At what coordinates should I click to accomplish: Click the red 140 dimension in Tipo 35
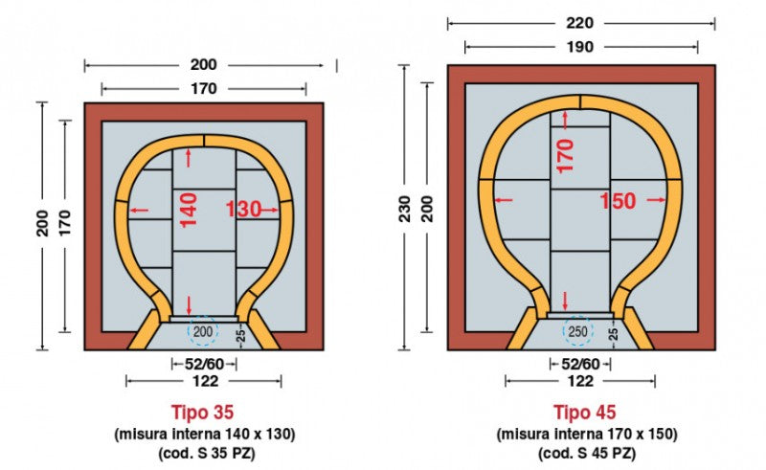pyautogui.click(x=189, y=210)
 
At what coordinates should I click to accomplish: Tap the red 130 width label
pyautogui.click(x=243, y=210)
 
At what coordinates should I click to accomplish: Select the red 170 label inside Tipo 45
pyautogui.click(x=565, y=156)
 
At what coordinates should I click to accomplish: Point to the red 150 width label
pyautogui.click(x=618, y=201)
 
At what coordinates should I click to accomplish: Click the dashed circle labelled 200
pyautogui.click(x=203, y=332)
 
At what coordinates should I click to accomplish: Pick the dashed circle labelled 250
pyautogui.click(x=577, y=332)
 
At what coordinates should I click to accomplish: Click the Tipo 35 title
pyautogui.click(x=202, y=412)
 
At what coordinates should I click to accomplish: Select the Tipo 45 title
pyautogui.click(x=585, y=412)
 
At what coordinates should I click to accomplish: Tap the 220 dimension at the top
pyautogui.click(x=580, y=23)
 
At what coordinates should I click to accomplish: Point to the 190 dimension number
pyautogui.click(x=580, y=47)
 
